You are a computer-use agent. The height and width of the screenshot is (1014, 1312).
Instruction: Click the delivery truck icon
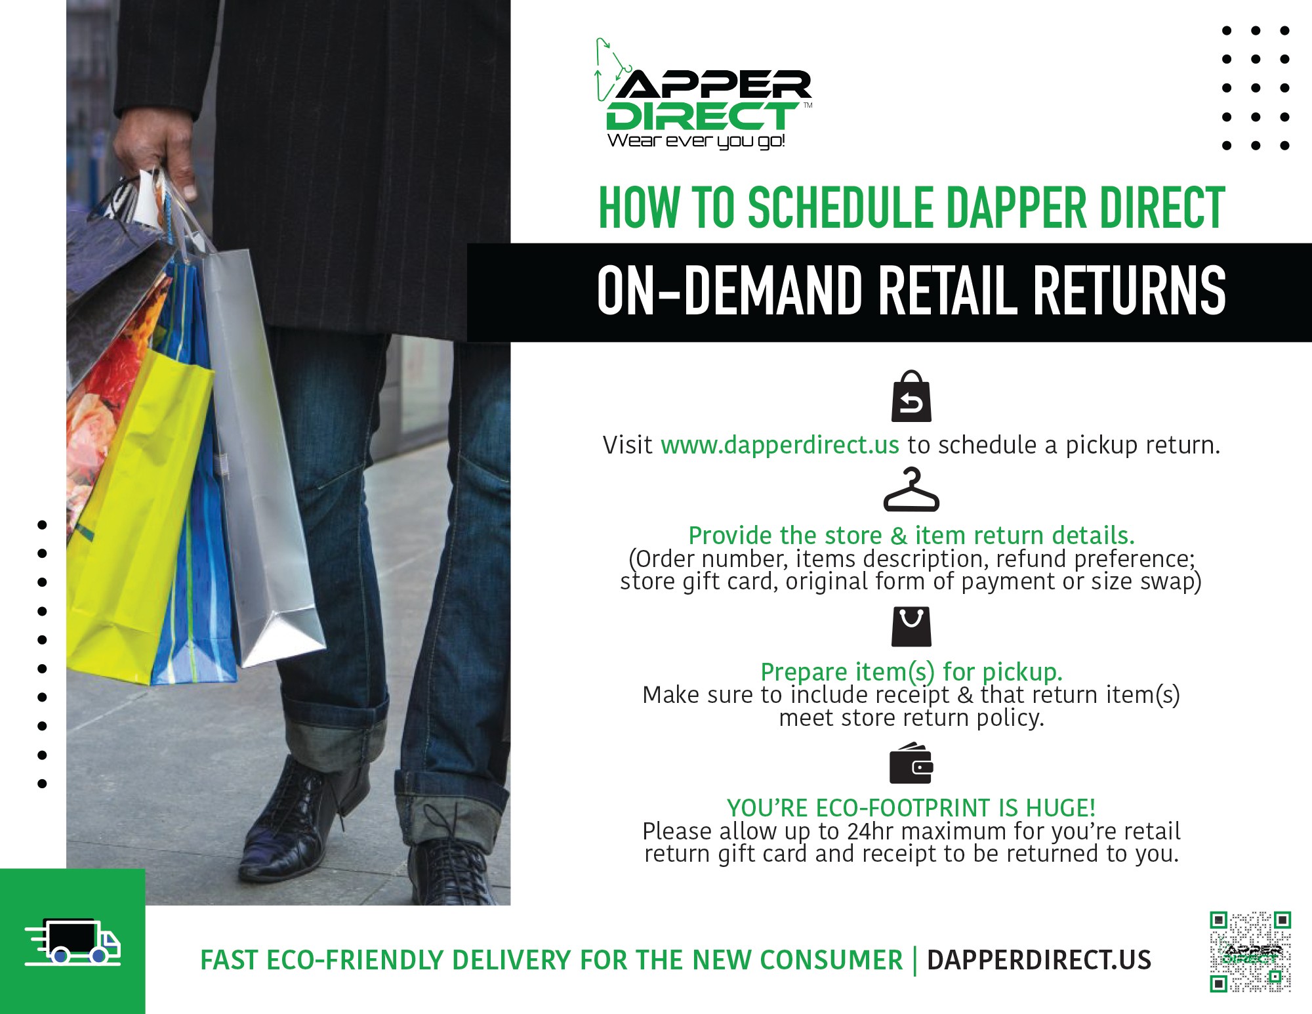[73, 942]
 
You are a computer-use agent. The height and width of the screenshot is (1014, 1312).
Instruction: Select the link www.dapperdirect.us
[779, 445]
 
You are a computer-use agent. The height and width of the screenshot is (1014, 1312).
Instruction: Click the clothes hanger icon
[911, 490]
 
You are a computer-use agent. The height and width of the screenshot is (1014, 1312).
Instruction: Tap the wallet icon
[911, 763]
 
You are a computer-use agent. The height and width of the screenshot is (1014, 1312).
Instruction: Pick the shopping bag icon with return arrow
[911, 396]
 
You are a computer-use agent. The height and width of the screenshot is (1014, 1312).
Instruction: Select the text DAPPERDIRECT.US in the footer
[1038, 960]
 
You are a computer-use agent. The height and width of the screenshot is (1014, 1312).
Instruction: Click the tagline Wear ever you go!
[696, 141]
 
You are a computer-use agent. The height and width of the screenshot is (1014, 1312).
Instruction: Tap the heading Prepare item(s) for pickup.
[911, 672]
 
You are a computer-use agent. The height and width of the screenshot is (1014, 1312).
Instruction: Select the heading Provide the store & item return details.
[911, 536]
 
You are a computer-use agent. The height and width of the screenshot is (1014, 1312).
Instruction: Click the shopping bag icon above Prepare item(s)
[911, 627]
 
